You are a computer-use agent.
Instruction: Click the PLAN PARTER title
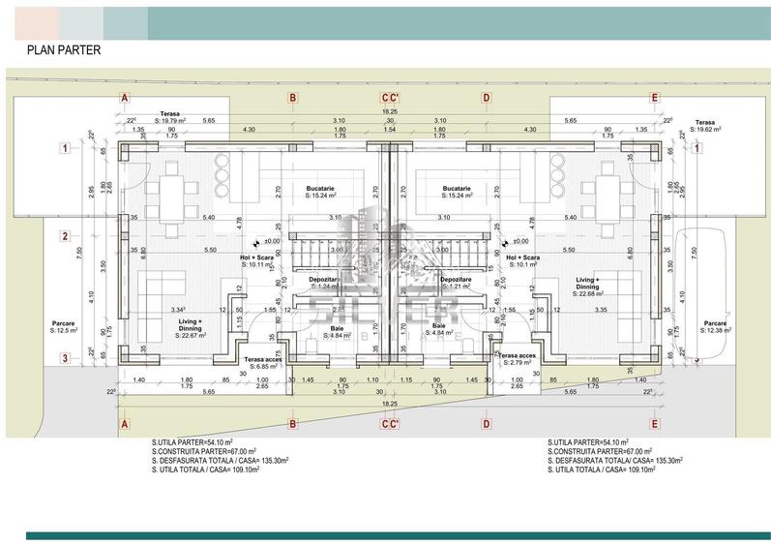(x=63, y=49)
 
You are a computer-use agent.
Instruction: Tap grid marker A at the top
(x=124, y=98)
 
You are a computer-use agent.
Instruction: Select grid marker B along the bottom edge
(x=292, y=424)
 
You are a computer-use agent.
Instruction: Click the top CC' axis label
(x=389, y=98)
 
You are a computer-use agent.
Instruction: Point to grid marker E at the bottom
(x=655, y=424)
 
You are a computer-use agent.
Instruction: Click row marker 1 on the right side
(x=696, y=148)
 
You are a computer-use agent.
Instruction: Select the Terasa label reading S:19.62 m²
(x=712, y=127)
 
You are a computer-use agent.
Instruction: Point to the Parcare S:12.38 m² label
(x=716, y=327)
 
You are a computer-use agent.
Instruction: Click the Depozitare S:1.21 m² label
(x=455, y=284)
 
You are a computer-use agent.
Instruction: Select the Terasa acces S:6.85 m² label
(x=260, y=363)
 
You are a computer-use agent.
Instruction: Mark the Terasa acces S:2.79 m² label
(x=517, y=359)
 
